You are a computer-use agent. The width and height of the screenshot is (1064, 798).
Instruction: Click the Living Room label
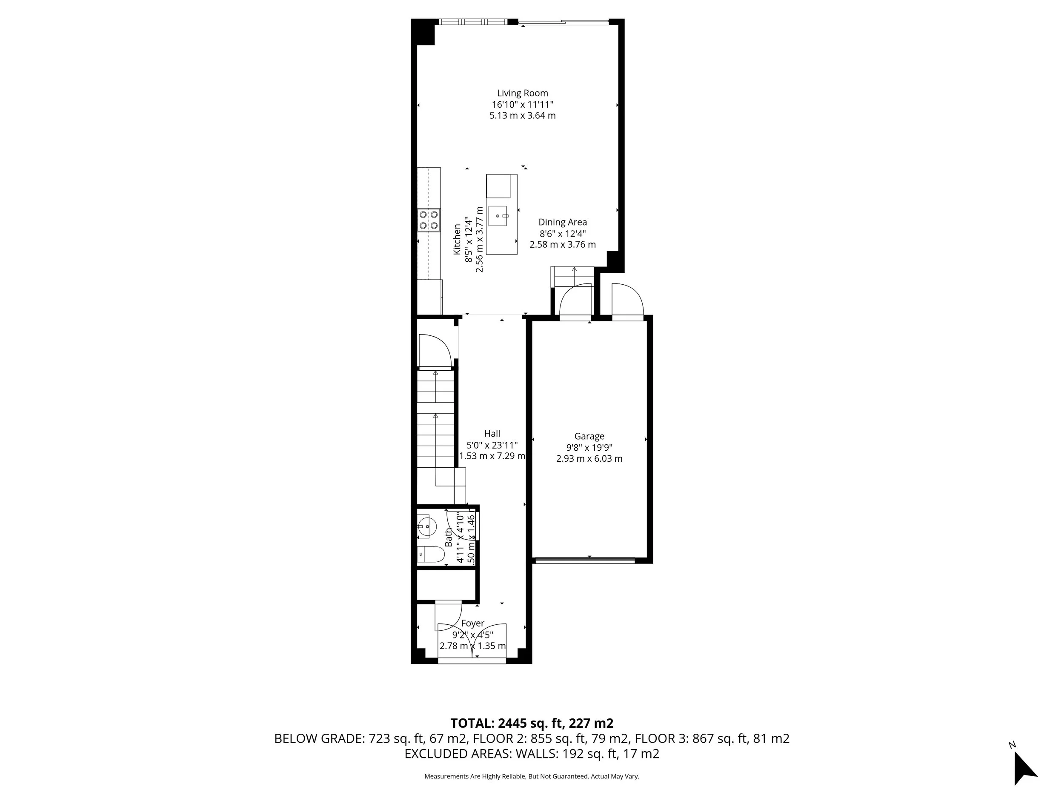point(522,93)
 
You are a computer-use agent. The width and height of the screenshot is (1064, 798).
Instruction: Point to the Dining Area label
point(562,222)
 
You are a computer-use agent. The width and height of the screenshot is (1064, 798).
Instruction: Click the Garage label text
point(589,436)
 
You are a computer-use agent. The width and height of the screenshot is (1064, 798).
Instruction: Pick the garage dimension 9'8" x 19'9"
point(589,447)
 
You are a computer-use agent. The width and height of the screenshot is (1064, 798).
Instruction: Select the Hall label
point(492,433)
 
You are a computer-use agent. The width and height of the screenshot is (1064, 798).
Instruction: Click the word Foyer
point(472,624)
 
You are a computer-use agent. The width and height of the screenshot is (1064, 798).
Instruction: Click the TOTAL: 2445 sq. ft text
point(532,723)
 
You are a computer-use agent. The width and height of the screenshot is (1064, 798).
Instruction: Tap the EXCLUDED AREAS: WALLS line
point(532,754)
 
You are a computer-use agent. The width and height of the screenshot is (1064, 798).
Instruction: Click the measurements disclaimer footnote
point(532,776)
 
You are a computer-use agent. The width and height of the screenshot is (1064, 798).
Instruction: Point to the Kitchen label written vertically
point(457,240)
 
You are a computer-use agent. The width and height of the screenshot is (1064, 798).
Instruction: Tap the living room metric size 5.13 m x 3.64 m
point(522,115)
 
